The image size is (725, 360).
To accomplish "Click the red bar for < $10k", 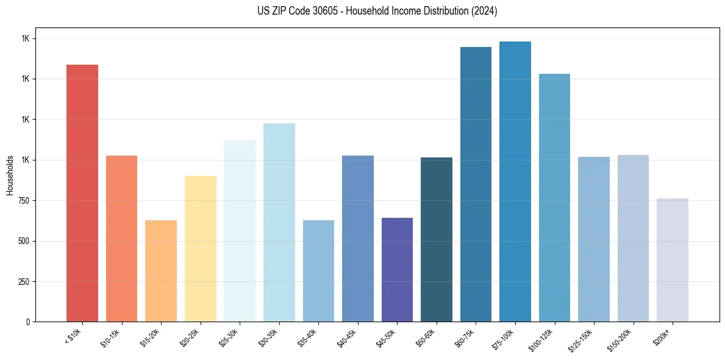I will point(82,193).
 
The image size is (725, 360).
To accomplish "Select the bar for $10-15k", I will point(121,239).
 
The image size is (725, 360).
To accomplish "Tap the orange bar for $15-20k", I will point(160,271).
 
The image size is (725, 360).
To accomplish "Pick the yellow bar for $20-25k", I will point(200,248).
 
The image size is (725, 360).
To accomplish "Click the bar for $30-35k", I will point(279,222).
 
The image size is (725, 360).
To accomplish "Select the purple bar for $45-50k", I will point(397,270).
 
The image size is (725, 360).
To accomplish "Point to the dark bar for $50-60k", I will point(437,239).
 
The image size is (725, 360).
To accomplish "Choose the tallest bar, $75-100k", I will point(515,181).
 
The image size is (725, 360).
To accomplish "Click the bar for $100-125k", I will point(554,198).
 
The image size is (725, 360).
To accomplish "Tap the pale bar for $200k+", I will point(673,260).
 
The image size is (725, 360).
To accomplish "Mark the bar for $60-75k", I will point(476,184).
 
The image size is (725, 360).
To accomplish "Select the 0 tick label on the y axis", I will point(27,322).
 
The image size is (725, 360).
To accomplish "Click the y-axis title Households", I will point(10,175).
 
